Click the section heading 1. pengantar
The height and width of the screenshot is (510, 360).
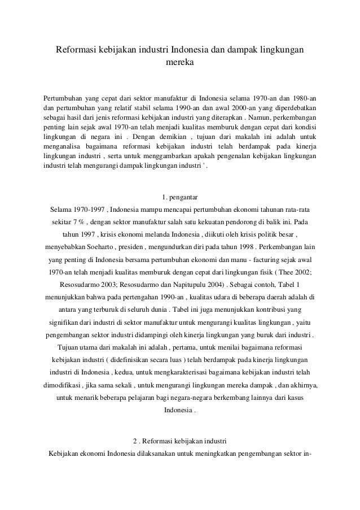[x=179, y=197]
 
